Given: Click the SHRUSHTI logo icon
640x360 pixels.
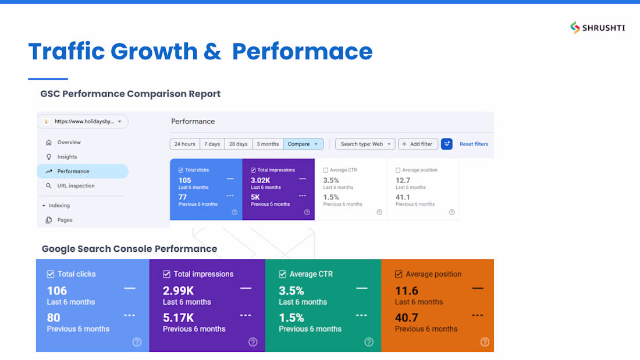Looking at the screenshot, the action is coord(575,27).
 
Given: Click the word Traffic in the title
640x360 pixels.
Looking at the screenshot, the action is coord(66,51).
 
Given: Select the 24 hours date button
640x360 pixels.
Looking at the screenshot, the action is coord(185,144).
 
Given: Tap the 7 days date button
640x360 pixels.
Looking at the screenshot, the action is coord(212,144).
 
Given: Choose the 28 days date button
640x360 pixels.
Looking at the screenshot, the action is coord(239,144).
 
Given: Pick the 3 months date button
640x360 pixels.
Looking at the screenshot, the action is coord(268,144).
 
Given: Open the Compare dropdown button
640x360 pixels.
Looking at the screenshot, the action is coord(303,144).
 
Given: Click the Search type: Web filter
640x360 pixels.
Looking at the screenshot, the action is coord(365,144).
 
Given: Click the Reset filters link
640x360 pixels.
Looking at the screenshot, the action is coord(474,144).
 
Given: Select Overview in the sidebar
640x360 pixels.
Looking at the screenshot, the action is coord(69,142).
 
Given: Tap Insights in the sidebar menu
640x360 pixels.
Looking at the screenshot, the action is coord(67,156).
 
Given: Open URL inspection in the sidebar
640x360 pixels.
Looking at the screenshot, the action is coord(76,186).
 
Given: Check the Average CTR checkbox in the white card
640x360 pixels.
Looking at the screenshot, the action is coord(325,170).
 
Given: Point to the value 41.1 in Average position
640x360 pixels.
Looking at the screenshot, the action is coord(403,197).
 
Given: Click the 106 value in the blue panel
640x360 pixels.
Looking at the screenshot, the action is coord(57,291).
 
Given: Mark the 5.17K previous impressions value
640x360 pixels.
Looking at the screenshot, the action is coord(179,318).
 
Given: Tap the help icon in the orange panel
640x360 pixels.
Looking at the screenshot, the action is coord(485,342).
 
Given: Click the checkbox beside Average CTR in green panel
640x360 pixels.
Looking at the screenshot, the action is coord(282,275).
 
